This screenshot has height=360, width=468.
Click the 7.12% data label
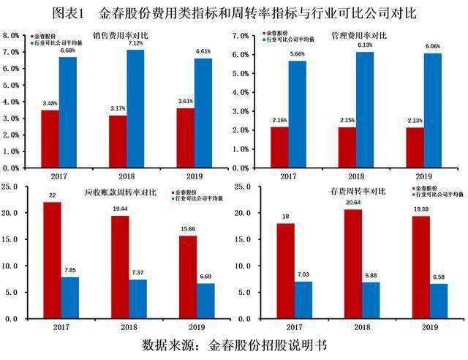[x=135, y=43]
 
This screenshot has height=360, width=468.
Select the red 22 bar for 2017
[x=52, y=260]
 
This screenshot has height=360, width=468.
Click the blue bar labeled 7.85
[x=70, y=297]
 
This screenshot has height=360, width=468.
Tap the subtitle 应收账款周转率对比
[x=117, y=195]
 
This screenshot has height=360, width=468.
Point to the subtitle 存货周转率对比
[x=356, y=192]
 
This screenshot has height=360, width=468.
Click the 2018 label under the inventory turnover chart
[x=355, y=329]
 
